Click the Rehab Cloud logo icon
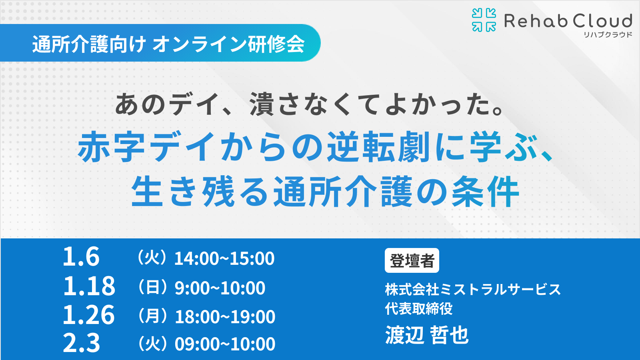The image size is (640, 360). pyautogui.click(x=484, y=20)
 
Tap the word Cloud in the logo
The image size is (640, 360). pyautogui.click(x=602, y=21)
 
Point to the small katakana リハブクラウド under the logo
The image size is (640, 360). pyautogui.click(x=608, y=35)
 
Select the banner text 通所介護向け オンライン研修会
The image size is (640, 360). pyautogui.click(x=168, y=44)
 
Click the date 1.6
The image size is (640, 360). pyautogui.click(x=81, y=257)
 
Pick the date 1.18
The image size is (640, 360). pyautogui.click(x=89, y=286)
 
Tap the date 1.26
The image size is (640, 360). pyautogui.click(x=89, y=315)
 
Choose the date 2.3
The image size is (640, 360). pyautogui.click(x=81, y=343)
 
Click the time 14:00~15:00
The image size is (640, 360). pyautogui.click(x=224, y=258)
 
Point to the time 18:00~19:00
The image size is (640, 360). pyautogui.click(x=225, y=317)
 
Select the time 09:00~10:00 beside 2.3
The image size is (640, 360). pyautogui.click(x=225, y=344)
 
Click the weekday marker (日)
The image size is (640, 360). pyautogui.click(x=152, y=287)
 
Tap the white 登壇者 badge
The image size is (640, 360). pyautogui.click(x=412, y=260)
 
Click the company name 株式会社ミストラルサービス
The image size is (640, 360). pyautogui.click(x=473, y=289)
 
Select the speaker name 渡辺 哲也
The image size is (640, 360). pyautogui.click(x=427, y=335)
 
